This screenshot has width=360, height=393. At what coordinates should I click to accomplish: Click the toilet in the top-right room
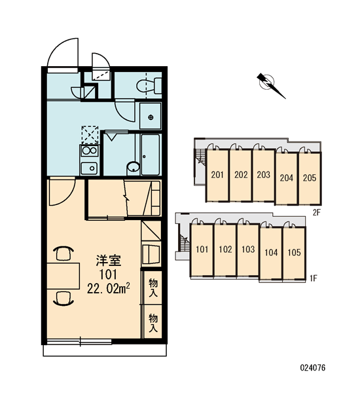(x=149, y=85)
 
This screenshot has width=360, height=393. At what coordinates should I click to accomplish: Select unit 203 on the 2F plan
(x=264, y=175)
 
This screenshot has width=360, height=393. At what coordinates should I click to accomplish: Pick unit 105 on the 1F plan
(x=294, y=253)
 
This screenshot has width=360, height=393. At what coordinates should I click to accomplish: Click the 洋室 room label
(x=109, y=261)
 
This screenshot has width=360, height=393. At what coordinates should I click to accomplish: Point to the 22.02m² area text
(x=108, y=289)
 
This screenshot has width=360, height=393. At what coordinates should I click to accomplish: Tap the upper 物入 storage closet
(x=153, y=288)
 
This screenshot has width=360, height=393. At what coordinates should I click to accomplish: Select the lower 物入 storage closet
(x=153, y=323)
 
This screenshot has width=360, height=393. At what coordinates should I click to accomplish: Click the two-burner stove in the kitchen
(x=90, y=151)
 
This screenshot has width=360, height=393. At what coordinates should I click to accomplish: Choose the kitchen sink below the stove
(x=90, y=168)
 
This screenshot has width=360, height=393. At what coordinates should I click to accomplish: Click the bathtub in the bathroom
(x=151, y=155)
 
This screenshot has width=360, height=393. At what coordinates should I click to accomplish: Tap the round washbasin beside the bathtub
(x=134, y=167)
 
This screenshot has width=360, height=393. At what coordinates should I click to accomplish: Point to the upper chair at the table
(x=63, y=253)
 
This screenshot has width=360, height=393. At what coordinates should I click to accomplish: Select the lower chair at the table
(x=63, y=298)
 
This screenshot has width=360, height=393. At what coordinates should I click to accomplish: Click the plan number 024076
(x=313, y=367)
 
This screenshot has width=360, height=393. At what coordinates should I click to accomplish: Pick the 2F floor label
(x=317, y=212)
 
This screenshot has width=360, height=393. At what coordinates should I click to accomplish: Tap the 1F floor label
(x=314, y=278)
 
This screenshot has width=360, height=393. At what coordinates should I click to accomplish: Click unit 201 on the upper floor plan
(x=217, y=175)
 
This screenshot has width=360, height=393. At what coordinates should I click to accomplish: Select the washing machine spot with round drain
(x=151, y=116)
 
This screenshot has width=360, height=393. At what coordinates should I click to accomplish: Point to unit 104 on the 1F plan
(x=271, y=253)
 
